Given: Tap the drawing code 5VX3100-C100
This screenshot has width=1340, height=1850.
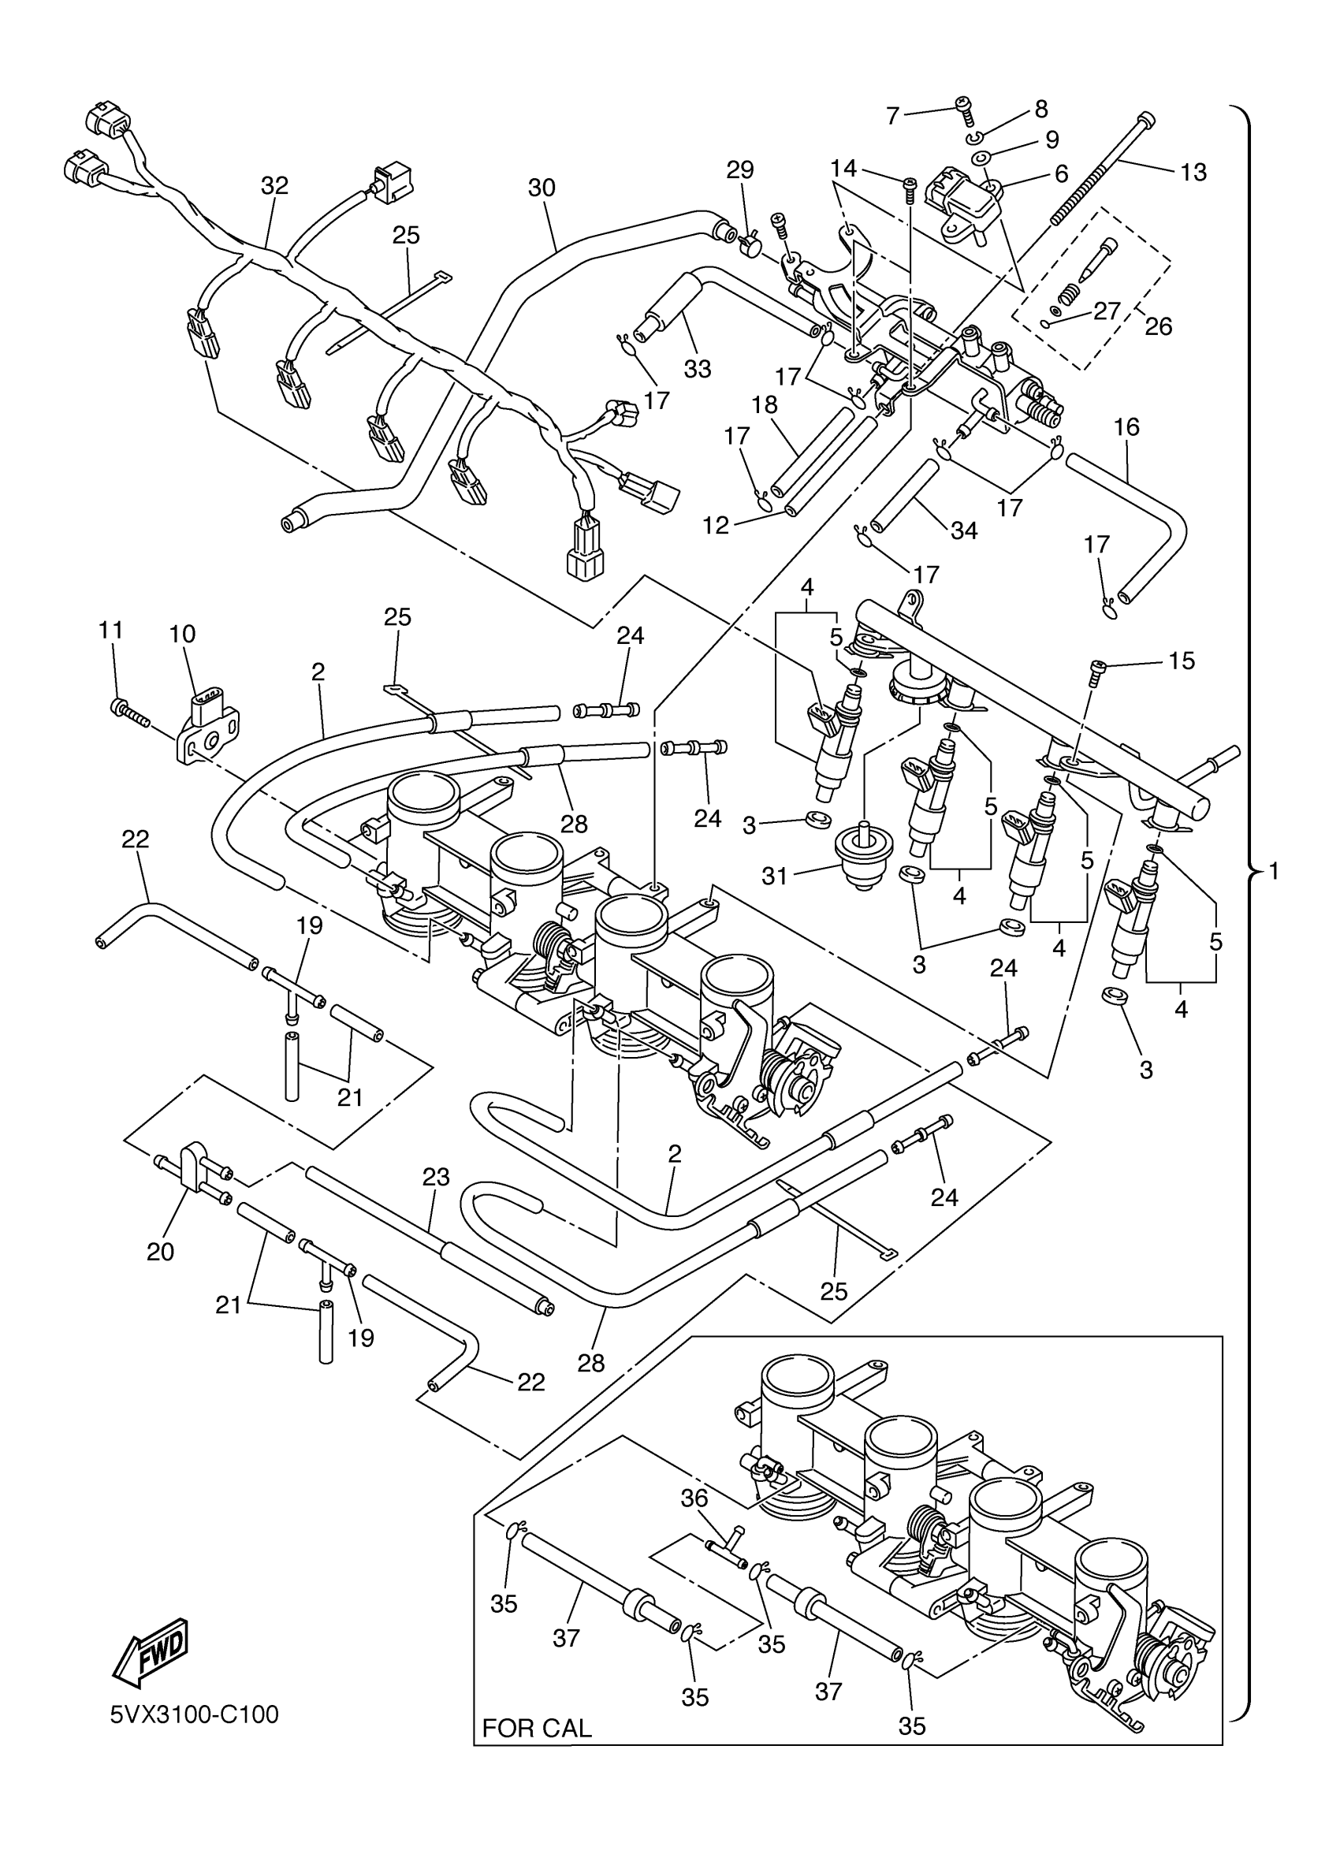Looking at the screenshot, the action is [x=194, y=1714].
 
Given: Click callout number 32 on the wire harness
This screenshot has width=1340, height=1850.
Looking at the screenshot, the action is [x=275, y=186].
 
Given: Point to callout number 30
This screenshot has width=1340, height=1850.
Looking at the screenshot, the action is [x=542, y=188].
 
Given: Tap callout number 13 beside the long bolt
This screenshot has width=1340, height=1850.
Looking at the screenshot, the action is [x=1193, y=172].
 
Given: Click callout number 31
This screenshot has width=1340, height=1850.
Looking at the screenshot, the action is [x=774, y=876].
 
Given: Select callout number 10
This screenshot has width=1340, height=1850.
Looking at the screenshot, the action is [x=183, y=634].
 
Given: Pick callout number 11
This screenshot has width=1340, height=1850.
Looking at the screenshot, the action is [x=111, y=630].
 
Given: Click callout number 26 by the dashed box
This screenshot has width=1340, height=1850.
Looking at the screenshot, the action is [x=1158, y=326].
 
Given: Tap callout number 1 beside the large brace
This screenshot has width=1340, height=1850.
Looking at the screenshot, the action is [x=1274, y=872].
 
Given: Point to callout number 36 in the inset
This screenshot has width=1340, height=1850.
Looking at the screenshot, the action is [x=695, y=1498].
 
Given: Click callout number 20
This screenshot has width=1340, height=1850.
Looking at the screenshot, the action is [x=161, y=1251].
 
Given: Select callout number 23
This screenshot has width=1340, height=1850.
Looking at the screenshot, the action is [x=437, y=1177].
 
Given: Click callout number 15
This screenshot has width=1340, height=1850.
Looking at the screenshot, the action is [x=1182, y=661].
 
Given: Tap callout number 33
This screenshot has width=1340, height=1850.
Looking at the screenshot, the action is [x=698, y=370].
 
